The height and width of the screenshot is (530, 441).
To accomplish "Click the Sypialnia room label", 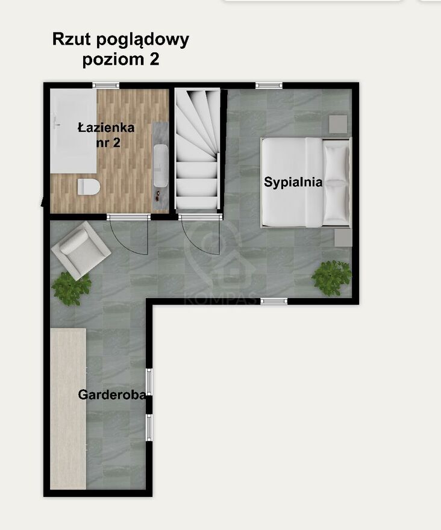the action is (293, 182).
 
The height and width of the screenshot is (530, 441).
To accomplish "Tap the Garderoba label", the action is (112, 394).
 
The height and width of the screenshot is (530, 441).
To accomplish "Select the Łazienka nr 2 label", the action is (106, 135).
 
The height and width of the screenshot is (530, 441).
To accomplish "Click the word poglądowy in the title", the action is (142, 40).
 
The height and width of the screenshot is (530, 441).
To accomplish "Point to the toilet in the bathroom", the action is (89, 187).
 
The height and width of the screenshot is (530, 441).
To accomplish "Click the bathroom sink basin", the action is (161, 166).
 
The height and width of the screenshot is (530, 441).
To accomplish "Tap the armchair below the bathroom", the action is (81, 250).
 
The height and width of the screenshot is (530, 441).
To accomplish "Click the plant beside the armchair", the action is (71, 288).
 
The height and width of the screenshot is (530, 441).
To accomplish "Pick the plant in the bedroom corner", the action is (331, 278).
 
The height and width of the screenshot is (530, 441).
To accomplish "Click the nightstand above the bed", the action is (338, 124).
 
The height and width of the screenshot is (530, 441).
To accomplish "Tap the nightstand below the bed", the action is (343, 238).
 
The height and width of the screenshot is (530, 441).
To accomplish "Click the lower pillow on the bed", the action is (336, 204).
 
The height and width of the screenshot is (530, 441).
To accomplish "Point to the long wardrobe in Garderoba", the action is (68, 409).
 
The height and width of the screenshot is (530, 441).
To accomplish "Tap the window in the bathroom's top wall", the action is (106, 85).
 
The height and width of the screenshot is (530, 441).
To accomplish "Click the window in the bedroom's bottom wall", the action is (274, 301).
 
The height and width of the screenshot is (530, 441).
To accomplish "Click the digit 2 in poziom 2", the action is (154, 60).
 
